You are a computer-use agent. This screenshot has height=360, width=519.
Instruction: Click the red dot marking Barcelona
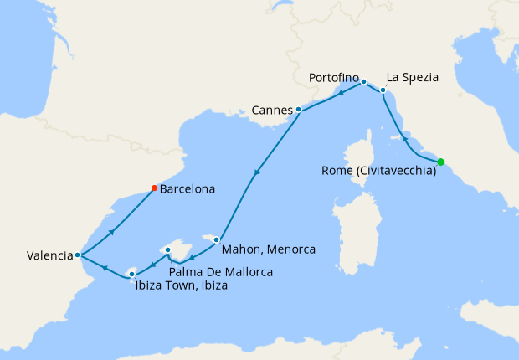154,188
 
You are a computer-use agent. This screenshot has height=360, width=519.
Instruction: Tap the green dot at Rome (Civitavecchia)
440,162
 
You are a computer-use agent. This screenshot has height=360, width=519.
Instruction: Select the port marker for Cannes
298,109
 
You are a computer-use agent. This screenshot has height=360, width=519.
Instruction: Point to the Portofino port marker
363,81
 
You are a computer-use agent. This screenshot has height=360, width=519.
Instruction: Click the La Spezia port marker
383,90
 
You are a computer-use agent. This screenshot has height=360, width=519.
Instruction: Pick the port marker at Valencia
77,255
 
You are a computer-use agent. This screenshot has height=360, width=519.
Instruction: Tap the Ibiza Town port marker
131,273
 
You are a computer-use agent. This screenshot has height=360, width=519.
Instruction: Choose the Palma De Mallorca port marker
168,249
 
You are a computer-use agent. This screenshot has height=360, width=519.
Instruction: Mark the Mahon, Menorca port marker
217,239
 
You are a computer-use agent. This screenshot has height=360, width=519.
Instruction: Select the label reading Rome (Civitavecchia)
378,171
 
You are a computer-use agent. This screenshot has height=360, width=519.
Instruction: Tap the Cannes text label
272,110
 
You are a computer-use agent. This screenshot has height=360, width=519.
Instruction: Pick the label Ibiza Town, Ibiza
181,285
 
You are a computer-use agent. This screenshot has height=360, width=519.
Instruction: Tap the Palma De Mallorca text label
220,271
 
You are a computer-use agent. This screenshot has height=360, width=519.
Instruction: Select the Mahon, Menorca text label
269,249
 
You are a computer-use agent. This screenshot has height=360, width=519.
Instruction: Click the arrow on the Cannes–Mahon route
257,173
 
